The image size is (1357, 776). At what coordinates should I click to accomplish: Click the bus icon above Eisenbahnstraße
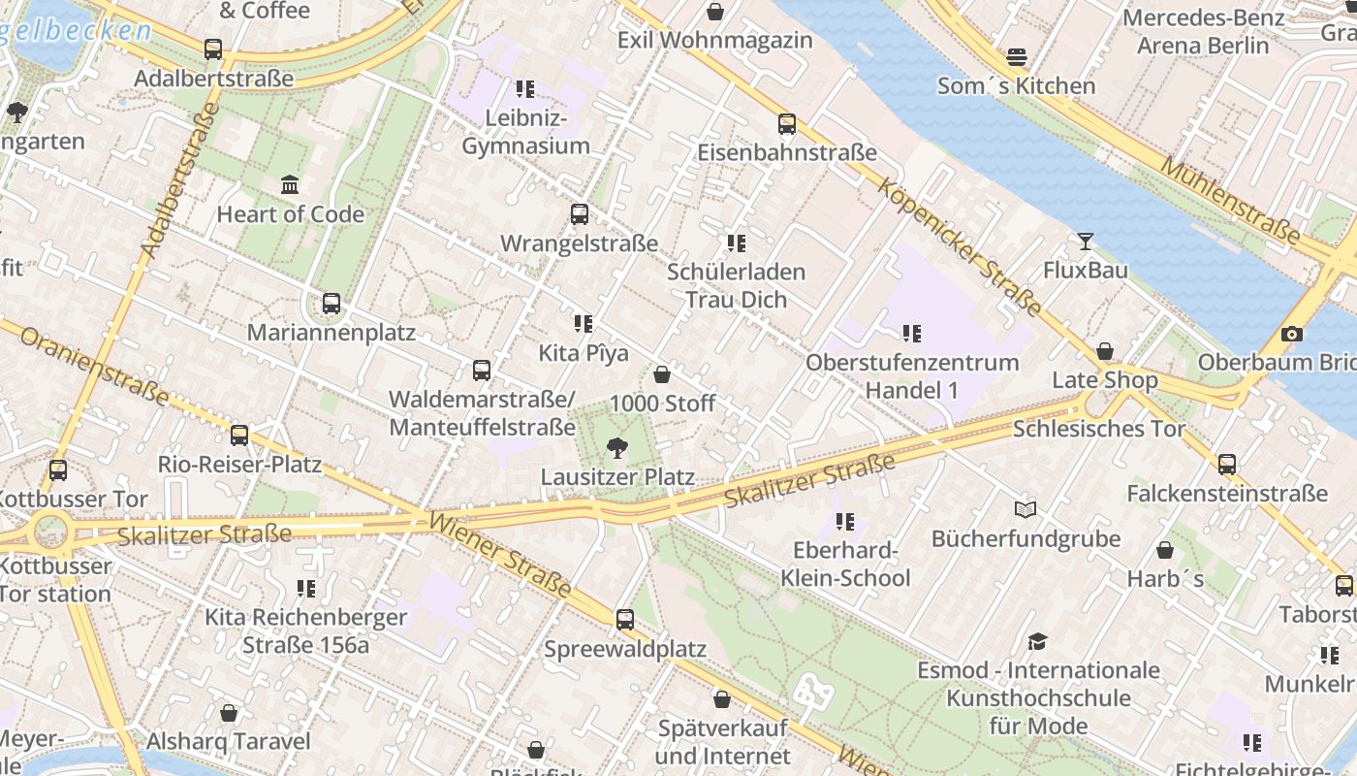pyautogui.click(x=787, y=124)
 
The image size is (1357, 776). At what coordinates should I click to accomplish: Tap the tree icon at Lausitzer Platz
pyautogui.click(x=615, y=447)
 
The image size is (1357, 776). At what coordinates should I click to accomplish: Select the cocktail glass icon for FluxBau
pyautogui.click(x=1085, y=241)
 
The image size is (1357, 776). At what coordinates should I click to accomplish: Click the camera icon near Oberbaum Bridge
pyautogui.click(x=1291, y=334)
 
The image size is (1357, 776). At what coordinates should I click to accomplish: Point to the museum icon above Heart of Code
pyautogui.click(x=290, y=184)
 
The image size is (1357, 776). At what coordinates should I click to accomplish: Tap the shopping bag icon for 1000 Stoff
pyautogui.click(x=662, y=373)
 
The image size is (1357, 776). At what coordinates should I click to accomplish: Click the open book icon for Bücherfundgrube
pyautogui.click(x=1026, y=509)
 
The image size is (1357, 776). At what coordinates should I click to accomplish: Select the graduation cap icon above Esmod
pyautogui.click(x=1038, y=641)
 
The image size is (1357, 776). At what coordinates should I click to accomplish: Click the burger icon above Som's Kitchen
pyautogui.click(x=1016, y=56)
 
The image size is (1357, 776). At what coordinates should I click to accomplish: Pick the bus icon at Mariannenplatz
pyautogui.click(x=331, y=304)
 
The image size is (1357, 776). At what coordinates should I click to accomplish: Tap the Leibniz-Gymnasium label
pyautogui.click(x=525, y=133)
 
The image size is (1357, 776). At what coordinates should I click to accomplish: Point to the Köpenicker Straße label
pyautogui.click(x=959, y=246)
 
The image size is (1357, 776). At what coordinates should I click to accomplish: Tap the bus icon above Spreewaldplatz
pyautogui.click(x=625, y=619)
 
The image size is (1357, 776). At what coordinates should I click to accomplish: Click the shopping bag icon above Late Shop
pyautogui.click(x=1105, y=351)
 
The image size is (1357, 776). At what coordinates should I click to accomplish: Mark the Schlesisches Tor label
pyautogui.click(x=1099, y=429)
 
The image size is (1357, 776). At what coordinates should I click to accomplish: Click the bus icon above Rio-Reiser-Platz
pyautogui.click(x=239, y=436)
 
